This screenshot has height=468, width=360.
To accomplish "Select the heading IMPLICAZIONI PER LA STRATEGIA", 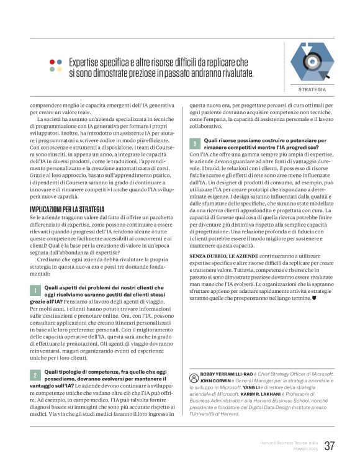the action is [68, 210].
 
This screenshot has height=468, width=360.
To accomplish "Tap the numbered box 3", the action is [195, 143].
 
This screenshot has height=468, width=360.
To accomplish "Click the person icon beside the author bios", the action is [193, 376].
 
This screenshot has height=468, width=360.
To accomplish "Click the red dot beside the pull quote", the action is [52, 61].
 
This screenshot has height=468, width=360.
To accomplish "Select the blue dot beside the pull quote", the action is [60, 61].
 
